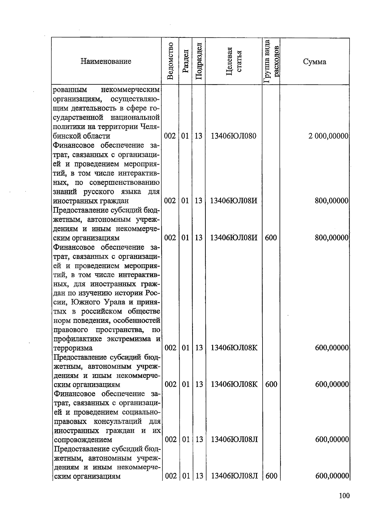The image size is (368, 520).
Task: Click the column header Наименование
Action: click(x=106, y=61)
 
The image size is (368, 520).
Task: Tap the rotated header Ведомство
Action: click(x=171, y=61)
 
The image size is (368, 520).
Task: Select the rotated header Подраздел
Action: click(x=198, y=61)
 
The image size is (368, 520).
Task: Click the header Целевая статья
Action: click(x=234, y=61)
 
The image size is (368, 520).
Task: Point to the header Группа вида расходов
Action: click(x=271, y=61)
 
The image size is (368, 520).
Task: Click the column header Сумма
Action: click(x=314, y=62)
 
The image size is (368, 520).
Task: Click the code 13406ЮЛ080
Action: click(x=233, y=136)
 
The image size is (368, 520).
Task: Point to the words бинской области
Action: click(x=82, y=136)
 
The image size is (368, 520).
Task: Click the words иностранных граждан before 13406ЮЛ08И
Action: click(x=91, y=201)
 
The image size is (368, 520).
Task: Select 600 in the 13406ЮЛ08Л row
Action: click(x=271, y=476)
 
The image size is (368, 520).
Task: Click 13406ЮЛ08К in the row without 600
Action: click(x=234, y=348)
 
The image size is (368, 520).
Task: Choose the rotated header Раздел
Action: click(x=185, y=61)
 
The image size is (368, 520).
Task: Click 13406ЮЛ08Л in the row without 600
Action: click(x=234, y=440)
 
